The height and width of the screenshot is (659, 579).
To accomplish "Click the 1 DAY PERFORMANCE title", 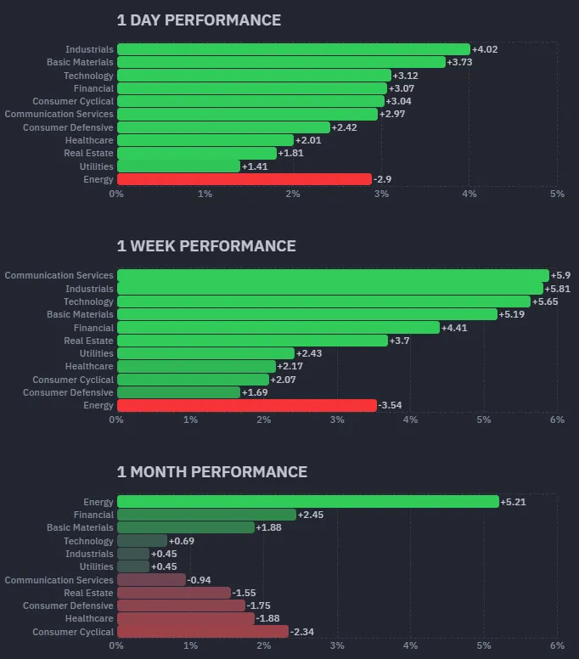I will (199, 20).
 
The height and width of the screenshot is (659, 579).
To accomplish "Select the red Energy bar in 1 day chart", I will (245, 179).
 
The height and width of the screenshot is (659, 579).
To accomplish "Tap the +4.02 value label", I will (485, 49).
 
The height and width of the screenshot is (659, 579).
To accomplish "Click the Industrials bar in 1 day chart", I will (293, 49).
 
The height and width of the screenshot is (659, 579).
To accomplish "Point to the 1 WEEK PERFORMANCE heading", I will (206, 245).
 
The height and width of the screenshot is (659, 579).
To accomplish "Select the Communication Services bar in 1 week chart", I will (333, 275).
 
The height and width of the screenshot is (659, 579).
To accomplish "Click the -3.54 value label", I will (391, 406).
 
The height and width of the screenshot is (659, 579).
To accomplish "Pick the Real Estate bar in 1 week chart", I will (252, 341).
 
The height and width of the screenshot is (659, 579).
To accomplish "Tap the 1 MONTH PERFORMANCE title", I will (212, 471).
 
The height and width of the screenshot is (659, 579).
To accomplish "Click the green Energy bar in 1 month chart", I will (307, 502).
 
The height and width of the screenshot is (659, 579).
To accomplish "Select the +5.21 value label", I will (513, 502).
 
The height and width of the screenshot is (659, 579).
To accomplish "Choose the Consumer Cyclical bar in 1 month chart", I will (202, 632).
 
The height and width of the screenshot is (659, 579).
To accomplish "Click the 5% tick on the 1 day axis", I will (557, 194).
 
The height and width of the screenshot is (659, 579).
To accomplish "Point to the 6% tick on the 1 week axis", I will (557, 420).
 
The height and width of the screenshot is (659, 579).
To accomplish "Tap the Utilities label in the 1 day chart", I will (96, 166).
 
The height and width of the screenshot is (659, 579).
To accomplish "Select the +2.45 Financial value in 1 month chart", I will (311, 515).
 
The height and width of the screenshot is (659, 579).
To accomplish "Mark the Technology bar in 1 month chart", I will (142, 541).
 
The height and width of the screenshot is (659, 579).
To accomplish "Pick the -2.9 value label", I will (383, 179).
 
